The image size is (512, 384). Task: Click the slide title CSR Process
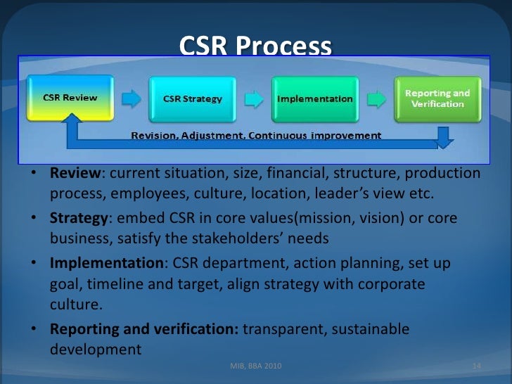255,46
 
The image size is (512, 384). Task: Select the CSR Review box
70,98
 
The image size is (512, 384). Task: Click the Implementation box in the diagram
315,99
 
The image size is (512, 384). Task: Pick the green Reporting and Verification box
437,98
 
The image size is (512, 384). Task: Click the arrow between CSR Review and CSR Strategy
131,98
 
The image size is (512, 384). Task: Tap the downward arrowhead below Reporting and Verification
444,139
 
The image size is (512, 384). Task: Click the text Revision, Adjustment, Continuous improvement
256,135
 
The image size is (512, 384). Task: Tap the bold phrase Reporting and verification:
144,329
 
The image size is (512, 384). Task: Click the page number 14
476,366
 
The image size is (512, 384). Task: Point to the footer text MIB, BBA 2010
258,366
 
